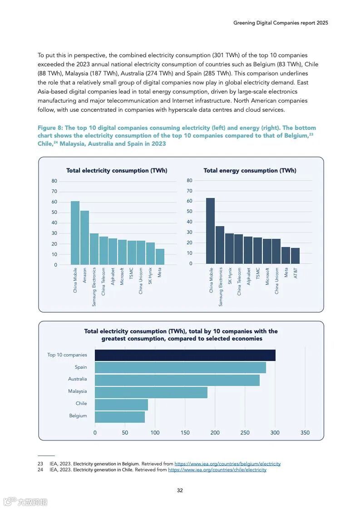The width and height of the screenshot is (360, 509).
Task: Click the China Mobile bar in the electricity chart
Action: coord(75,233)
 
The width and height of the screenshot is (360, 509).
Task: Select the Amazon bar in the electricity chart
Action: coord(84,237)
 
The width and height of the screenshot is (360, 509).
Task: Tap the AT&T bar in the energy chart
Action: coord(295,256)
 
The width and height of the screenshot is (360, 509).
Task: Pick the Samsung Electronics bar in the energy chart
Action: coord(220,245)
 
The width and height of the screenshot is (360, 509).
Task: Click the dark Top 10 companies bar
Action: coord(185,355)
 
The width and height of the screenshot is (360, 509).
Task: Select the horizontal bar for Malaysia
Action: coord(151,392)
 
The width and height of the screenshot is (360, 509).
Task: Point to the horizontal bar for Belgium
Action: coord(120,417)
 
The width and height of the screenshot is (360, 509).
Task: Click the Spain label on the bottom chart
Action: coord(81,367)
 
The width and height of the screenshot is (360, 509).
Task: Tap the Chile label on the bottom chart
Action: coord(81,403)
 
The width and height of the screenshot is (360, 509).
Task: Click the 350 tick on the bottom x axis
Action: coord(305,433)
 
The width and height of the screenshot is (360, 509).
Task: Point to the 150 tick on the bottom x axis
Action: coord(185,433)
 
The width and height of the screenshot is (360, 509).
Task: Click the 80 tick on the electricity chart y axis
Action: coord(54,181)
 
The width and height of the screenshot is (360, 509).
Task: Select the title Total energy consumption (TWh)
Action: coord(250,171)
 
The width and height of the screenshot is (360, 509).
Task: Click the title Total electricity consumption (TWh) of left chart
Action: coord(117,171)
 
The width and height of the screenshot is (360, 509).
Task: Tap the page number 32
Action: coord(180,490)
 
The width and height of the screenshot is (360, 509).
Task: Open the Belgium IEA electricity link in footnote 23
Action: coord(227,464)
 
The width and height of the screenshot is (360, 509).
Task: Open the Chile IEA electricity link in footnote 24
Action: coord(217,470)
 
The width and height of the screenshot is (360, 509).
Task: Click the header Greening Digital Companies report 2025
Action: coord(280,23)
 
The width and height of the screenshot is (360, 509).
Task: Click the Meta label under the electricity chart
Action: coord(159,272)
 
